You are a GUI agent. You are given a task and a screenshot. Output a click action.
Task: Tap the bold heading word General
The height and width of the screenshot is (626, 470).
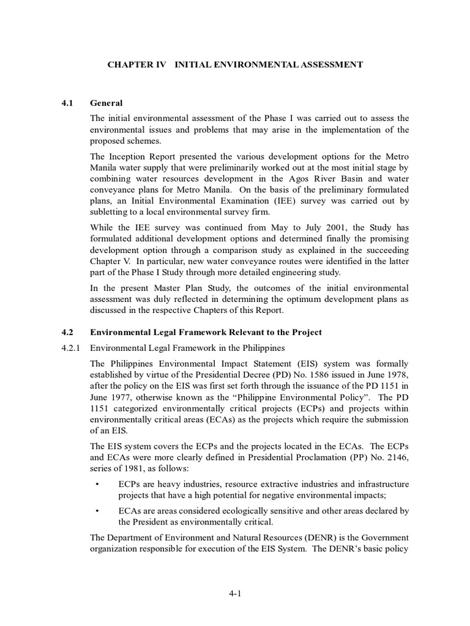tap(106, 103)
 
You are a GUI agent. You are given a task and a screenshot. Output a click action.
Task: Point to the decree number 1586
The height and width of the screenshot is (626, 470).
tap(295, 374)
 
